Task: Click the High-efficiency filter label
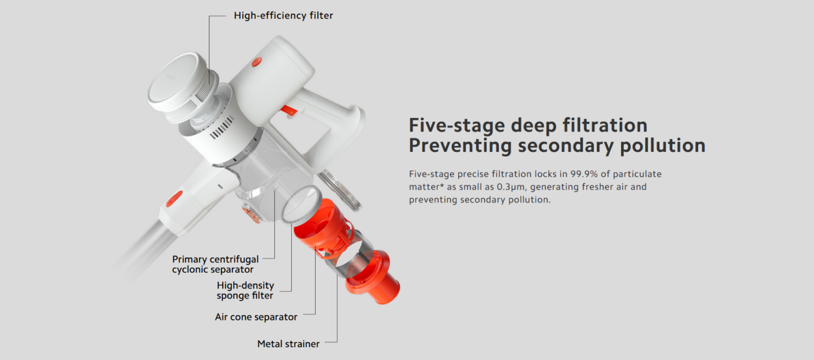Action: coord(283,16)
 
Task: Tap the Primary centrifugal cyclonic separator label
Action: coord(215,265)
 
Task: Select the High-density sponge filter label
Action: coord(245,291)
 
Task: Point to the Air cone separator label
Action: coord(256,317)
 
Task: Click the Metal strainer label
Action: coord(288,344)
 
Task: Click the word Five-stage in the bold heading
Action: coord(457,126)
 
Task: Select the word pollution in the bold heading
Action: coord(662,145)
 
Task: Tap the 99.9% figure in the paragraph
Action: coord(584,174)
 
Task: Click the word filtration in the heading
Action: coord(605,126)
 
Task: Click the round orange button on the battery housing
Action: coord(256,62)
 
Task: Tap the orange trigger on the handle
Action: coord(290,110)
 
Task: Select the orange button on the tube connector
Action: coord(174,198)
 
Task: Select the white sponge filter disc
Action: coord(301,204)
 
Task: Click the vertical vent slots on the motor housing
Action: coord(222,127)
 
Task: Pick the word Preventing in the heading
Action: coord(460,145)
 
